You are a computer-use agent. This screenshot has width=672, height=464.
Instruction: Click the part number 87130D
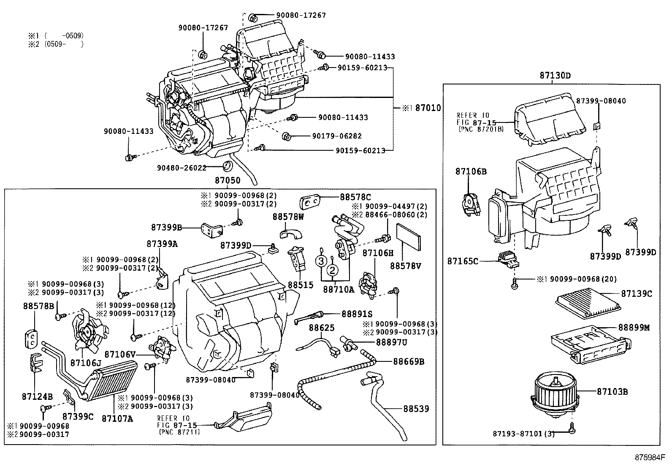555,76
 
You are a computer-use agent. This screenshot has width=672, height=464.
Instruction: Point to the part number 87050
228,181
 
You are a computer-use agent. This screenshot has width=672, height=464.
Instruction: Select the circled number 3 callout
321,261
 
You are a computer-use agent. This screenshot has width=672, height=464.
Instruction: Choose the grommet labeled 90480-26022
228,165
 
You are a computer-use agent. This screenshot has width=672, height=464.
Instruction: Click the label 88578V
406,266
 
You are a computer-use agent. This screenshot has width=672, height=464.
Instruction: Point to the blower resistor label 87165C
463,261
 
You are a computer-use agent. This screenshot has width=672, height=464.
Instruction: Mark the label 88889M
634,327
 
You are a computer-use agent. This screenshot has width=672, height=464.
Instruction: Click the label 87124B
37,396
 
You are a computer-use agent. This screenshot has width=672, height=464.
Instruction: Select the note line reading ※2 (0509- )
56,44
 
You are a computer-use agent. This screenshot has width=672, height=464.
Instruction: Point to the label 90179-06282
337,136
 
